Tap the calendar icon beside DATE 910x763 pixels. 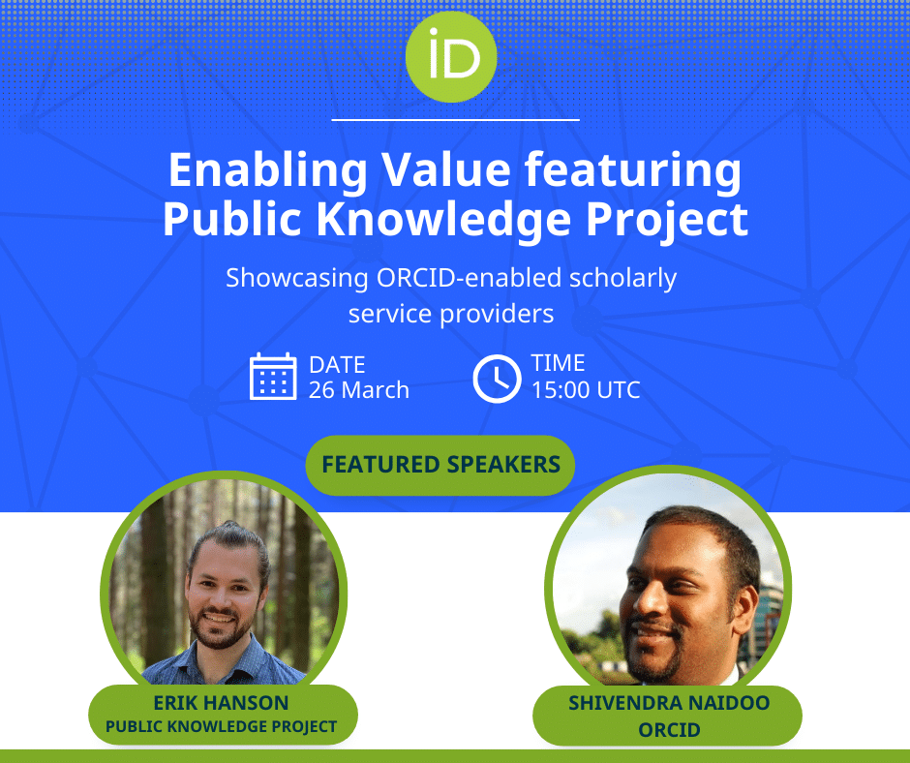273,377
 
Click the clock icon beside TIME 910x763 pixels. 497,378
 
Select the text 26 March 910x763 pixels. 359,390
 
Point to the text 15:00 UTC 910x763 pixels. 586,390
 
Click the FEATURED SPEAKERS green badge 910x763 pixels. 440,465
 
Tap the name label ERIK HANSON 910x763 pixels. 221,703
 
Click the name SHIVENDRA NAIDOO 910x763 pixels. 669,703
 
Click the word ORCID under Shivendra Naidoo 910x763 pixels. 669,729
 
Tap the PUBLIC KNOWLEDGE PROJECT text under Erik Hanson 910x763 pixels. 221,726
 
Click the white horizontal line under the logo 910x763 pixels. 455,120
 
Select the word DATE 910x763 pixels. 337,365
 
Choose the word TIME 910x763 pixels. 559,363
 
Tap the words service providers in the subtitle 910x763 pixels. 451,314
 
